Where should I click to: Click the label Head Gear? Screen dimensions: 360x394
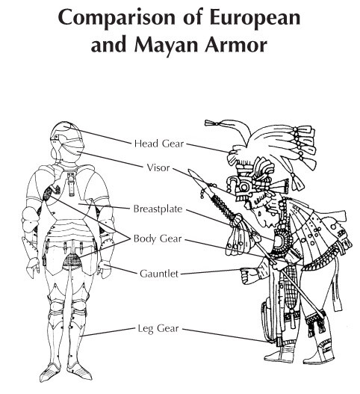159,144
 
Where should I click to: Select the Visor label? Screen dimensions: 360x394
158,167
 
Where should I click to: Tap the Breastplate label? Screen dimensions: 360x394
158,209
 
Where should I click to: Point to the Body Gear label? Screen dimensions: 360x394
158,238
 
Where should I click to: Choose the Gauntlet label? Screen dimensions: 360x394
159,274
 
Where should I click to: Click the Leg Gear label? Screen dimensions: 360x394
158,329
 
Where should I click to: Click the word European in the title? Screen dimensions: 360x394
255,18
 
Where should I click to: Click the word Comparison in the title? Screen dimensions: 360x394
117,18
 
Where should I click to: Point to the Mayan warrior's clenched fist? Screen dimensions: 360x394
247,276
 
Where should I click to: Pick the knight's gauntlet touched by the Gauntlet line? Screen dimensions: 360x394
104,269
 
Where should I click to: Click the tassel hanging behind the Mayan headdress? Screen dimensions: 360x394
297,182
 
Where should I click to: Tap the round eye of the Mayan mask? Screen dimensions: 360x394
243,187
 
